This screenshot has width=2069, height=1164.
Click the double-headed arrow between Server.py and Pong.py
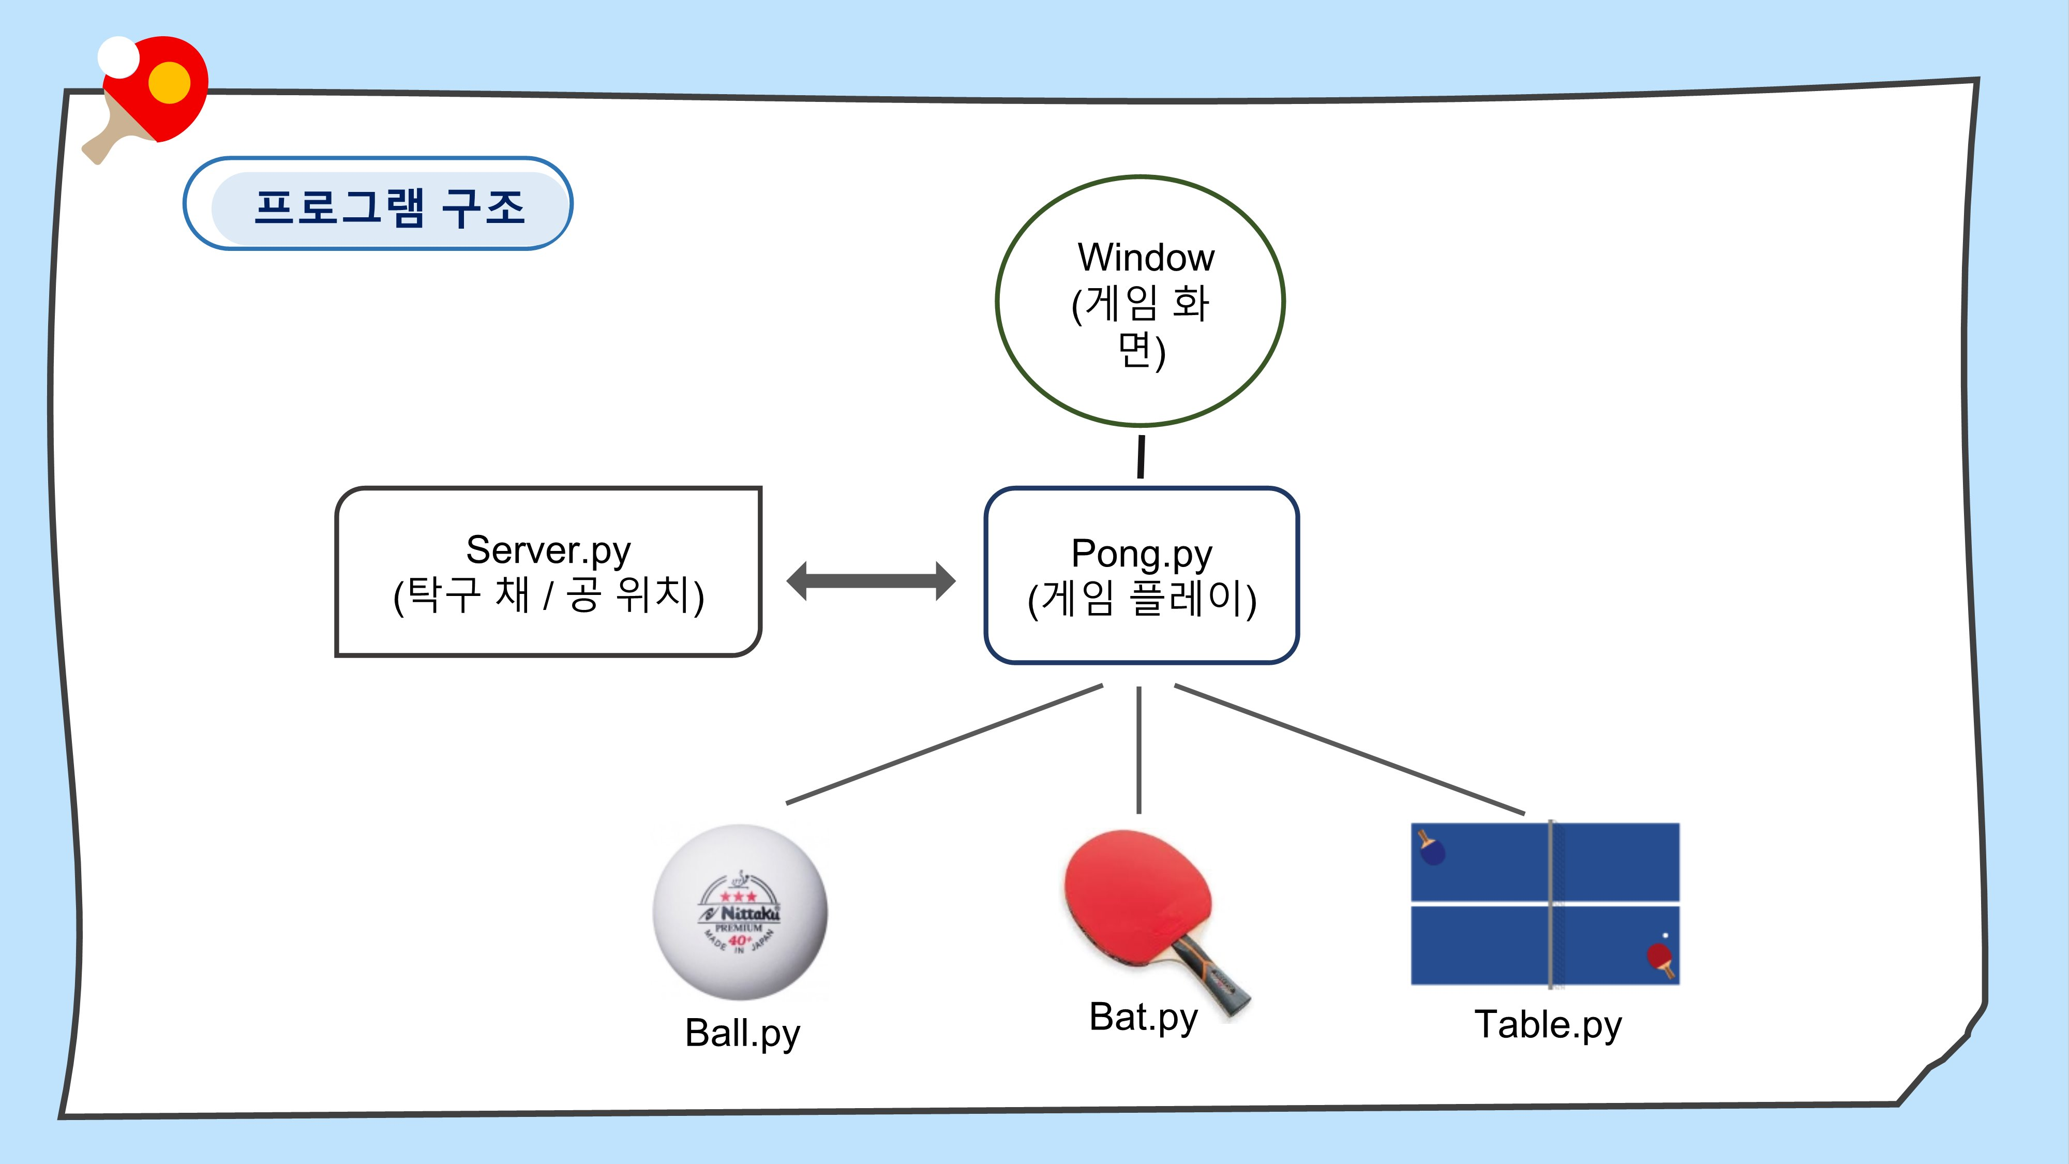(871, 581)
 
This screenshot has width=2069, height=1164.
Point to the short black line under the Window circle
(1141, 456)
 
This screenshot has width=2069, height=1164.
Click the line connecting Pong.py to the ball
(944, 744)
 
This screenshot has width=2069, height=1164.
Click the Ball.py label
(742, 1033)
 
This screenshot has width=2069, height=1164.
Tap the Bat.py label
(1143, 1017)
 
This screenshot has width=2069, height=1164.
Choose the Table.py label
(1548, 1025)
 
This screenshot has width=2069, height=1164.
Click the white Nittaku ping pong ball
(740, 912)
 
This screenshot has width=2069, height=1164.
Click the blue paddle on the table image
(1433, 852)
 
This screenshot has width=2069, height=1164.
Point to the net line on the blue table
(1551, 904)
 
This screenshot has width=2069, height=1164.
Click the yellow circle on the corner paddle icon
(170, 83)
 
